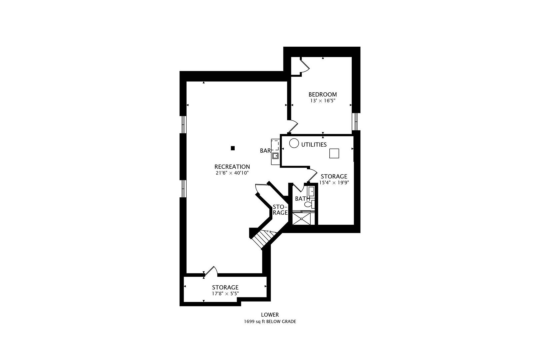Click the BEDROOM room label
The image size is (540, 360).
[323, 95]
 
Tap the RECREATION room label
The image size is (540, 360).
[232, 167]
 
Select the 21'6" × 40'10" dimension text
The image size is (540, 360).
[232, 173]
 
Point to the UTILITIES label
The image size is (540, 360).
[314, 145]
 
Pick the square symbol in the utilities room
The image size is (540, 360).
[334, 153]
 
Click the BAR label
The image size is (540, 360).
[265, 151]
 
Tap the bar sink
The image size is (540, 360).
[275, 156]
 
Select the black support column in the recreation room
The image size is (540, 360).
[233, 148]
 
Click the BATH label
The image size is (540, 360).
[303, 199]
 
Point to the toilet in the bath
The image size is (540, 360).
[310, 204]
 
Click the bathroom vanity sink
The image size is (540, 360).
[311, 191]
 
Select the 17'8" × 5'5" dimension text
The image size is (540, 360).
[225, 294]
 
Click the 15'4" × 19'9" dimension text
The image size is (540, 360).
[334, 183]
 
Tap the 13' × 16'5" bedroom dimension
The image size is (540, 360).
[323, 101]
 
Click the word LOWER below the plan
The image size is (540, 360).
[270, 315]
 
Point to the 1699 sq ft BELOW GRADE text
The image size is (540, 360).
[270, 321]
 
